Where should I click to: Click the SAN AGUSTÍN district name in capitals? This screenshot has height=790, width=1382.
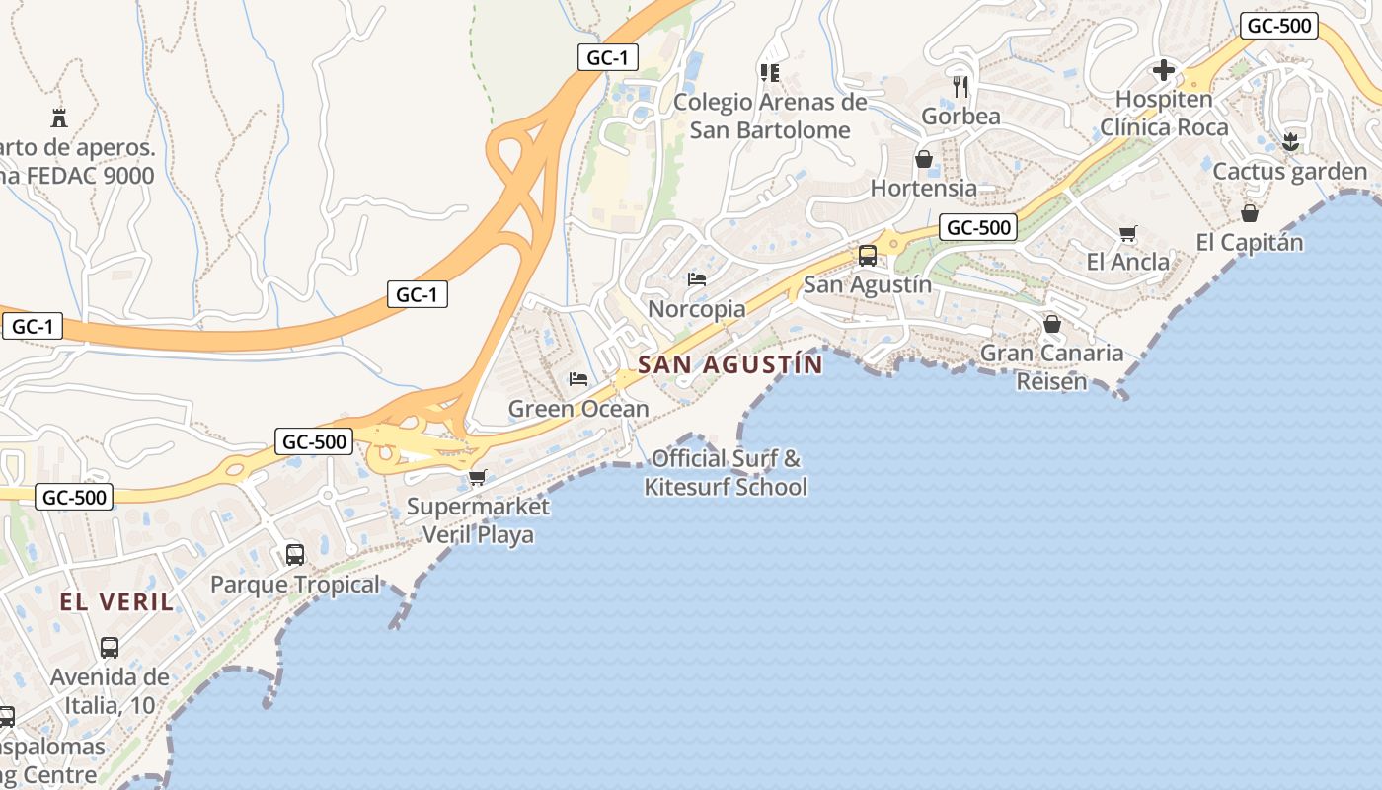pos(729,364)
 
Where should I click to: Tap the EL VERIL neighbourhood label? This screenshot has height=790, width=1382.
pos(116,601)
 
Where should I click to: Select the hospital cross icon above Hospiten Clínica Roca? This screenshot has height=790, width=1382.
pos(1164,70)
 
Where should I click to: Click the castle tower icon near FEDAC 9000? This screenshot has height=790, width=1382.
pos(59,118)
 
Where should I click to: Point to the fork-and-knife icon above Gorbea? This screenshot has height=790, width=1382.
pos(960,87)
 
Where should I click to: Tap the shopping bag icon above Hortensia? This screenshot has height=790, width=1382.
pos(924,159)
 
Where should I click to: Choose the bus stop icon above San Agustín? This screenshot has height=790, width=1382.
pos(868,256)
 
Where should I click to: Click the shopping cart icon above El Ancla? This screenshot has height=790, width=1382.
pos(1127,234)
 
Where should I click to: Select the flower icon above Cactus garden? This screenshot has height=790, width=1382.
pos(1289,142)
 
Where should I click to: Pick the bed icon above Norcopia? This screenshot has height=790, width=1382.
pos(697,279)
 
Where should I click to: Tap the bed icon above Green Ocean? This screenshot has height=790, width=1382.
pos(578,379)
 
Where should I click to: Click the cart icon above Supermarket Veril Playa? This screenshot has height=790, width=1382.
pos(478,478)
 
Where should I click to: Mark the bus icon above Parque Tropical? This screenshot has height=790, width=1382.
pos(295,554)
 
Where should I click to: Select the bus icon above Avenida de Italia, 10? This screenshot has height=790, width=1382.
pos(110,648)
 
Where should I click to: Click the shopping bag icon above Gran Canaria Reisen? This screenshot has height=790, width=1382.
pos(1052,324)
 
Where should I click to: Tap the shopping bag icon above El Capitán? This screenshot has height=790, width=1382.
pos(1250,213)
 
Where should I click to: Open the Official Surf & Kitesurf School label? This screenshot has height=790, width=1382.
pos(726,473)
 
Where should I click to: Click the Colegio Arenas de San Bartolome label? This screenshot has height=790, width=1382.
pos(770,116)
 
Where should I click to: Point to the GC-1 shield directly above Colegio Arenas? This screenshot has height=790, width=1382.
pos(607,57)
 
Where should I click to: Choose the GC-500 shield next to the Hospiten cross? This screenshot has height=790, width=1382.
pos(1279,26)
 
